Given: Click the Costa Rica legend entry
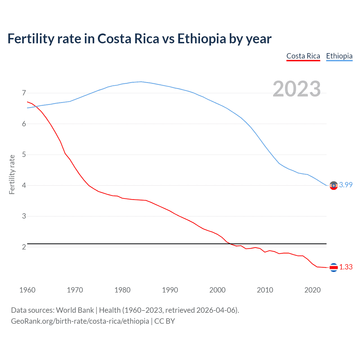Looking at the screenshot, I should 303,56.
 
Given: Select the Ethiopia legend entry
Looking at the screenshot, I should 339,56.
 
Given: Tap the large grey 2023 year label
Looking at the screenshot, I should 297,89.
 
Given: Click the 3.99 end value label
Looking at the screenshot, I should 346,185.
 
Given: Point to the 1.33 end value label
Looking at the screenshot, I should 346,267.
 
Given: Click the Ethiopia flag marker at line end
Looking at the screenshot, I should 334,186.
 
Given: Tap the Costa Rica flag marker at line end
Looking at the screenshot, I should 334,267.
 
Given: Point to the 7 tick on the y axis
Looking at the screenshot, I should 24,93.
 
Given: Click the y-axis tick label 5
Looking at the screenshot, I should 24,154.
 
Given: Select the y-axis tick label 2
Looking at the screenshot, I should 24,247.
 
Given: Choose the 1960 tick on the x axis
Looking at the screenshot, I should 27,290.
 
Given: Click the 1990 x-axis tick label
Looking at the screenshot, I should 170,290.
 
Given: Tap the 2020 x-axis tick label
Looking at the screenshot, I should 312,290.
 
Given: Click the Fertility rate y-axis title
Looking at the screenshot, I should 12,174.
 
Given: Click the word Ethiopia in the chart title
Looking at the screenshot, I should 202,39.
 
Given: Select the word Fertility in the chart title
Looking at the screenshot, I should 30,39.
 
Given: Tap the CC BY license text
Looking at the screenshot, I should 165,321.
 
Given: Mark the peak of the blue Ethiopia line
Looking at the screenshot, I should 141,82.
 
